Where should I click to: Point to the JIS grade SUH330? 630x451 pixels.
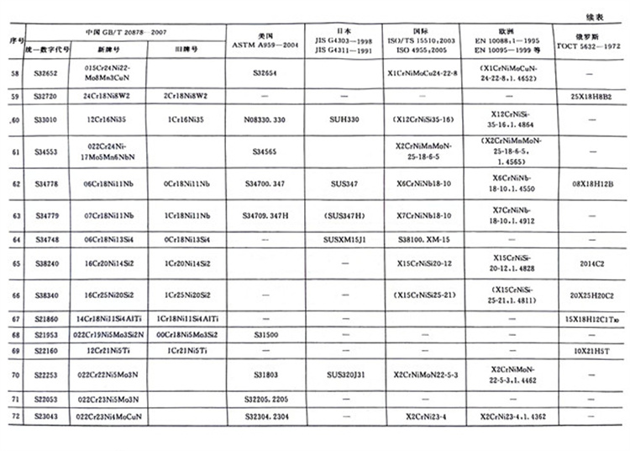(x=346, y=120)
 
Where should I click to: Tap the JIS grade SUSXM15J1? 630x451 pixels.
(x=346, y=239)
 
